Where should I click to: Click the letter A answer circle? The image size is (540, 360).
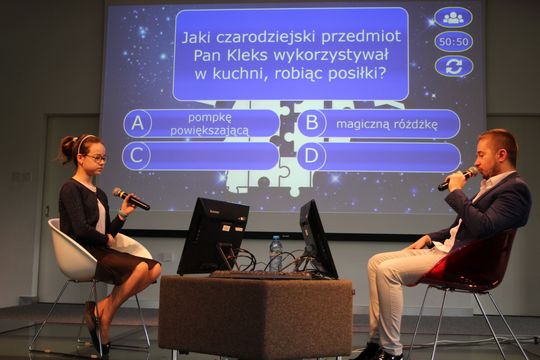click(137, 123)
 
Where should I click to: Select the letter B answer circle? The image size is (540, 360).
click(312, 123)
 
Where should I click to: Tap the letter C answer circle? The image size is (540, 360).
click(136, 156)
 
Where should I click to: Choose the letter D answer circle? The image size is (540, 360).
click(311, 156)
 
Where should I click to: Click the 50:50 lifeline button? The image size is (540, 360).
click(453, 41)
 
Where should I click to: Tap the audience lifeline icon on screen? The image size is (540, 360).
click(453, 17)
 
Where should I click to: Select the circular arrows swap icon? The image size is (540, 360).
click(453, 66)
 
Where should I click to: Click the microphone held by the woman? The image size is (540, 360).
click(131, 199)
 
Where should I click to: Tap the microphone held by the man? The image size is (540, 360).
click(457, 179)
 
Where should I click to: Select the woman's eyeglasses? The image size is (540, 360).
click(96, 157)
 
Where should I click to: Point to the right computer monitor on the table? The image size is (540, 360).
click(316, 236)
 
